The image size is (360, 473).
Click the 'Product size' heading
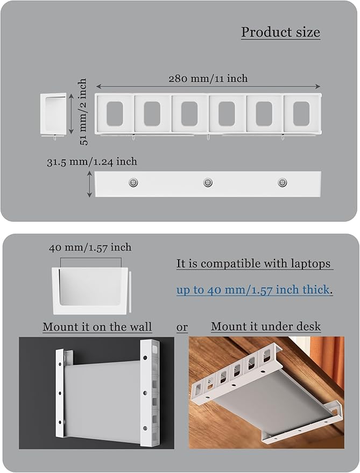click(x=280, y=32)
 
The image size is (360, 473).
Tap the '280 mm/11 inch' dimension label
click(x=208, y=79)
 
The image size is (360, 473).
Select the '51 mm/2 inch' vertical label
click(x=82, y=112)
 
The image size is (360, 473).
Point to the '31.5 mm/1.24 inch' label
click(x=91, y=161)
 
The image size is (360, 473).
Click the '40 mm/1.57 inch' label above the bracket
click(x=90, y=248)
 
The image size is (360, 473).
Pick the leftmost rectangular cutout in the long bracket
click(x=115, y=113)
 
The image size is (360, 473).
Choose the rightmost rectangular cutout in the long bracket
click(x=302, y=113)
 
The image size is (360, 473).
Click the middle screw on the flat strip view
click(x=207, y=183)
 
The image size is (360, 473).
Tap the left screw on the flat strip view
click(x=133, y=183)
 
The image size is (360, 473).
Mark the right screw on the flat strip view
click(x=281, y=183)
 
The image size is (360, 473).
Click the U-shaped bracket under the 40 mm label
click(x=90, y=291)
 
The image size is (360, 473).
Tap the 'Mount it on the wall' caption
click(x=97, y=327)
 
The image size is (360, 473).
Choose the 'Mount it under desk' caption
click(x=266, y=326)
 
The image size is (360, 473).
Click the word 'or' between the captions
click(x=182, y=327)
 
